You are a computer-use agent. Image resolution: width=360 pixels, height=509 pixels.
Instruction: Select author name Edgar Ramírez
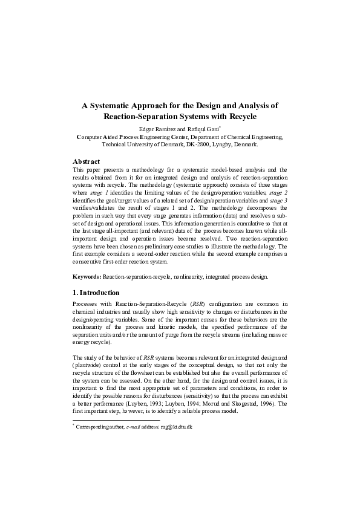pyautogui.click(x=159, y=129)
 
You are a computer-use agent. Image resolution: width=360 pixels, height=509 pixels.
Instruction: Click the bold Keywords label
pyautogui.click(x=87, y=276)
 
